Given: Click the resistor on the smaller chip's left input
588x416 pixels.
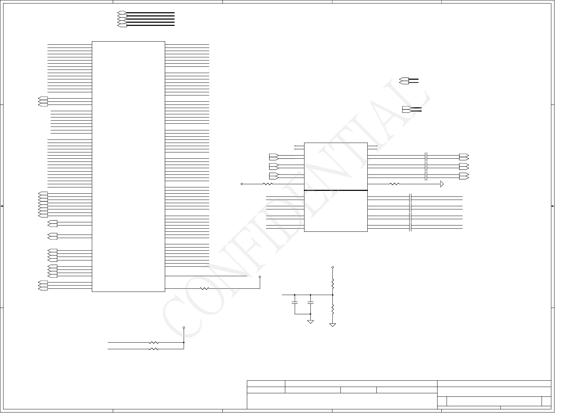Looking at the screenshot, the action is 267,184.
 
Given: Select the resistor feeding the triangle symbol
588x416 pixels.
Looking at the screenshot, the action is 394,184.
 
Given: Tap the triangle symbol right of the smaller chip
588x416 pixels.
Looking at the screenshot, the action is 442,184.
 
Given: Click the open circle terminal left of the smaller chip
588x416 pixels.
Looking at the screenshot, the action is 242,184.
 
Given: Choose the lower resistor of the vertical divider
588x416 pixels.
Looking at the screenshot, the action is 333,308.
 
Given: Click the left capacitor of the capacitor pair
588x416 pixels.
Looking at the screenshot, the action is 295,301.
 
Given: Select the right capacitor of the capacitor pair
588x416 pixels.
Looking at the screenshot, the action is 310,301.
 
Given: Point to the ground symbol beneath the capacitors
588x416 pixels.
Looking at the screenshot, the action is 310,321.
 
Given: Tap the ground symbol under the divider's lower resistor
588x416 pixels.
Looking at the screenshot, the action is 333,325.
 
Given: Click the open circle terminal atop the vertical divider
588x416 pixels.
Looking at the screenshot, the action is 333,267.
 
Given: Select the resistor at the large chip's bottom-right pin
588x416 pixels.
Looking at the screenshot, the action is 204,289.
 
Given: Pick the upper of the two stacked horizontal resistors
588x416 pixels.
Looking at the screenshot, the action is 154,343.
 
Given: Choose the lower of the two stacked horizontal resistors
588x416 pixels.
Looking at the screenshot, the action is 154,349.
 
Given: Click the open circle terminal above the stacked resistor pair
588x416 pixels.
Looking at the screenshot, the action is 184,328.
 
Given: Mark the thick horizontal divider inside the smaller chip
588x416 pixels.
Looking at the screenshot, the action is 336,191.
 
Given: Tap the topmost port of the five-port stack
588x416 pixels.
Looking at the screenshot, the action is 122,13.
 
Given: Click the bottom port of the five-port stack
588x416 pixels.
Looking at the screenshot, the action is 122,26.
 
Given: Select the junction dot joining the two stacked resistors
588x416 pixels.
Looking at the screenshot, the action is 184,343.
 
